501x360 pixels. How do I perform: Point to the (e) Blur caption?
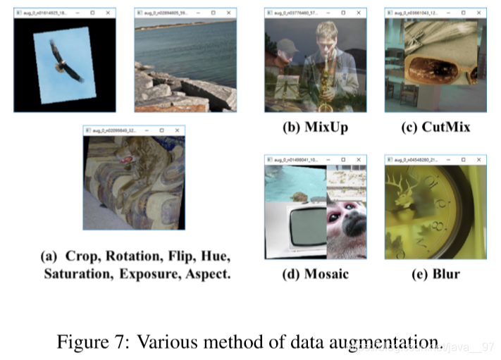coord(435,273)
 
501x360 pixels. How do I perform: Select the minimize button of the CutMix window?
coord(451,13)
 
